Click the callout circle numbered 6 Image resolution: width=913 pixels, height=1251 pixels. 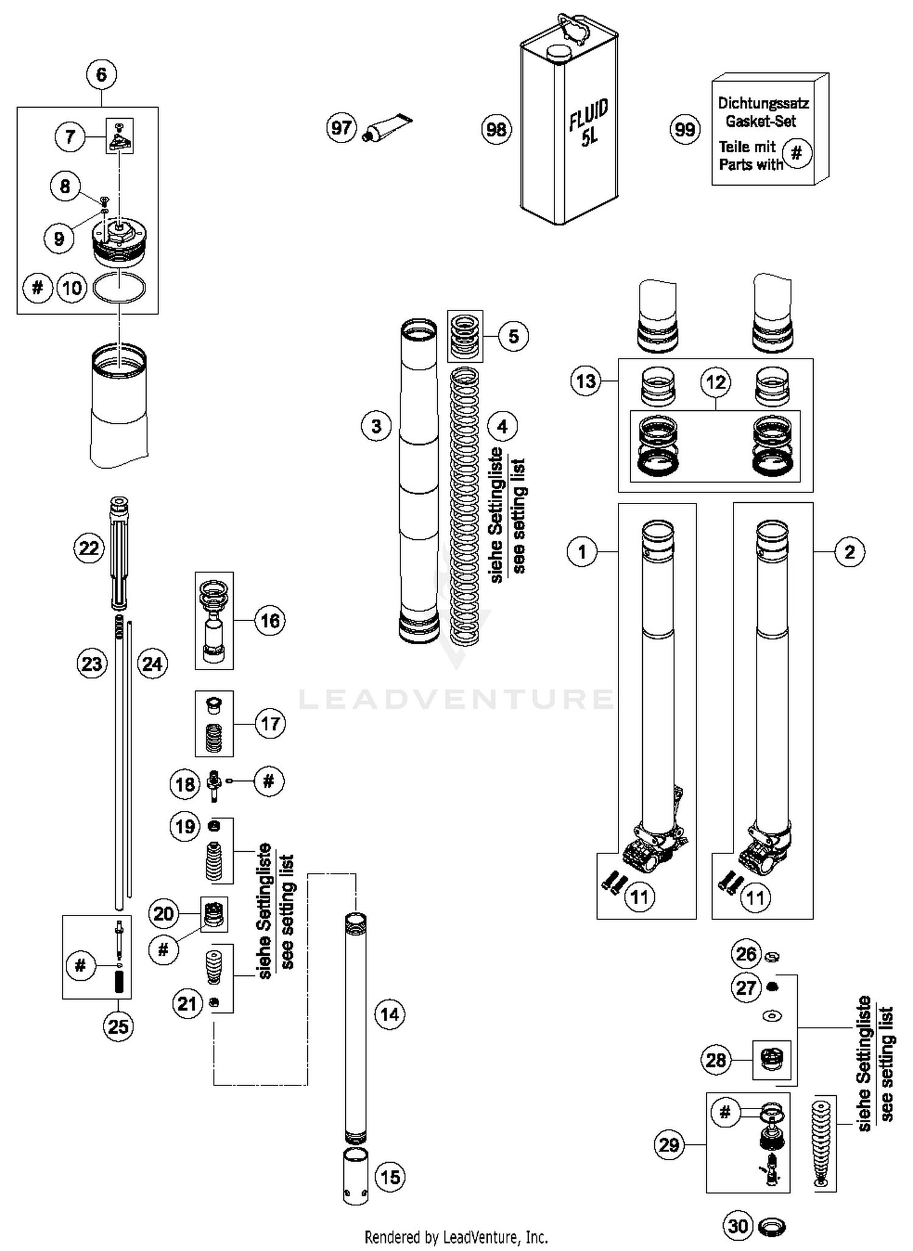point(101,75)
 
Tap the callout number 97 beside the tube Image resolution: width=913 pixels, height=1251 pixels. point(341,128)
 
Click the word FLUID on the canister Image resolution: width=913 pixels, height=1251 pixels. point(588,114)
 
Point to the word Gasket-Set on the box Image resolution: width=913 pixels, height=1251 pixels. point(760,121)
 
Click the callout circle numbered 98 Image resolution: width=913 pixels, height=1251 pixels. point(496,130)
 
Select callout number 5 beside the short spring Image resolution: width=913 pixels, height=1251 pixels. point(513,336)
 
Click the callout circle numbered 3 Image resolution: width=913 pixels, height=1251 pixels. point(376,426)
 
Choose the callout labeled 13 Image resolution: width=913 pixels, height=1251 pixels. point(586,382)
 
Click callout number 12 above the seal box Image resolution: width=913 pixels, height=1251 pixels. point(715,382)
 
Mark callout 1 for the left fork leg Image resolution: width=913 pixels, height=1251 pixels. point(582,552)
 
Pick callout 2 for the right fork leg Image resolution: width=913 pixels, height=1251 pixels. point(849,552)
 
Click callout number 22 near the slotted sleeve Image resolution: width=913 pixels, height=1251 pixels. point(89,548)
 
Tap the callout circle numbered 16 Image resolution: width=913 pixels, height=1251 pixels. point(270,621)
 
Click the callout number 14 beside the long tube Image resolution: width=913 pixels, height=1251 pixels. point(390,1014)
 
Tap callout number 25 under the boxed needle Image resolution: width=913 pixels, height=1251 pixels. point(117,1026)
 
